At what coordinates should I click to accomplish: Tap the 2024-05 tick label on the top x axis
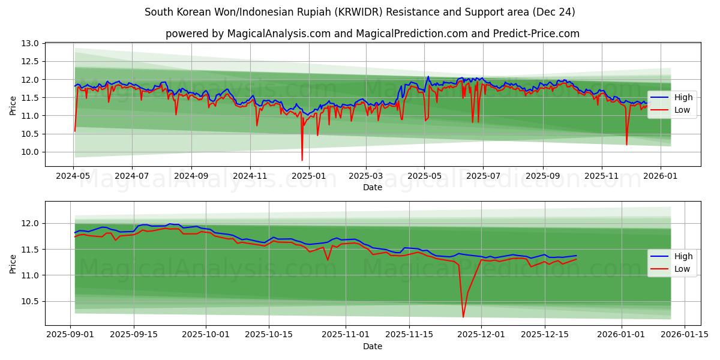tap(73, 177)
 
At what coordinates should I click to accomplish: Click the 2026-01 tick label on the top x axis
tap(661, 177)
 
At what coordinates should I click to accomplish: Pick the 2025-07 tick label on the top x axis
tap(484, 177)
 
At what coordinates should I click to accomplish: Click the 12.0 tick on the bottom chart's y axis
tap(31, 223)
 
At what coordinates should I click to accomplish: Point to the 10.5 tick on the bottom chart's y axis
tap(31, 301)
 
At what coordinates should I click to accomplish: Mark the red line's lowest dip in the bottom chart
tap(463, 317)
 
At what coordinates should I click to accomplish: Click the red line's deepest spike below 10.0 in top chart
tap(302, 160)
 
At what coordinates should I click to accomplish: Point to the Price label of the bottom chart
tap(13, 262)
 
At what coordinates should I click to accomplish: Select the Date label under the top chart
tap(373, 187)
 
